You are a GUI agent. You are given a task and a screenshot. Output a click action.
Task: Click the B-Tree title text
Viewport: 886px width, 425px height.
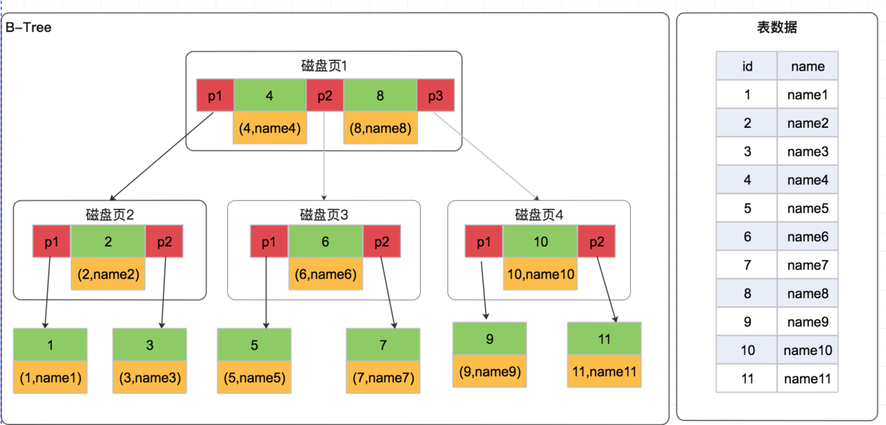(29, 27)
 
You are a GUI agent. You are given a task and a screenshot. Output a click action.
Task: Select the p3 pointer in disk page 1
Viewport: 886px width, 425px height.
(435, 95)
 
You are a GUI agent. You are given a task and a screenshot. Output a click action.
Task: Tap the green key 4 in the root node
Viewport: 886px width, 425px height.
(270, 95)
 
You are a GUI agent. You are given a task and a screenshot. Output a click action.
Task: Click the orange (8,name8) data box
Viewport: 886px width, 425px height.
(381, 128)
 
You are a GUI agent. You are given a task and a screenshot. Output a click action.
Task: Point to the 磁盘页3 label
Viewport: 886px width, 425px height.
(324, 215)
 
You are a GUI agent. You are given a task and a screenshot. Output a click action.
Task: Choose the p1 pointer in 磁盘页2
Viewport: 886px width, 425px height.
(51, 241)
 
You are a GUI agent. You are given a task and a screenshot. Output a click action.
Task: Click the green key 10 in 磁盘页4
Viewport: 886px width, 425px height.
(540, 241)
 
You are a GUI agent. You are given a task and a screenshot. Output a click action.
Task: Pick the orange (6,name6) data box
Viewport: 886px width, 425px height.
(326, 274)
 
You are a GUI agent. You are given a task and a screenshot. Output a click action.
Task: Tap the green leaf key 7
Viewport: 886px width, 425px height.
(383, 344)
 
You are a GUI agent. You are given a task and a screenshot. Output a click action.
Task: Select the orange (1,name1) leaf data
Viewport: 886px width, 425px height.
(50, 377)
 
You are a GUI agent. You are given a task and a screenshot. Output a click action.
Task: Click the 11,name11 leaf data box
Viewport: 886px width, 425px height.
(604, 371)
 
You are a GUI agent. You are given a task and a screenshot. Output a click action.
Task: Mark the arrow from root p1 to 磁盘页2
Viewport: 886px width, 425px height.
(161, 156)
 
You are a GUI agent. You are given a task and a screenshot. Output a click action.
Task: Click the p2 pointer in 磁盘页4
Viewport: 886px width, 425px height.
(597, 241)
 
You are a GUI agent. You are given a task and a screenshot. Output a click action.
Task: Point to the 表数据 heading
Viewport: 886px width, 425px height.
(777, 27)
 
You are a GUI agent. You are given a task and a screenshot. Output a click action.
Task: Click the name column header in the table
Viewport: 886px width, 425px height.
(807, 66)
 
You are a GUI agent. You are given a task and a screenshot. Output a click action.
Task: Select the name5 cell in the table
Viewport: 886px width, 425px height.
(807, 208)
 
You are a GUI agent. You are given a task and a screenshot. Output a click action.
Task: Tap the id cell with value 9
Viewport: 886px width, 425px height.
(747, 321)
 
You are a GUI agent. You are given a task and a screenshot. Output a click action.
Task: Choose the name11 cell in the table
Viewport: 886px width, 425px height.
(807, 379)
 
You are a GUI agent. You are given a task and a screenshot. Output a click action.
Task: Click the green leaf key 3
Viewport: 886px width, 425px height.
(149, 344)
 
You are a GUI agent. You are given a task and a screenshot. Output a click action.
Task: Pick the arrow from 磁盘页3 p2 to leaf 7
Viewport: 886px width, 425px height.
(387, 293)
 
